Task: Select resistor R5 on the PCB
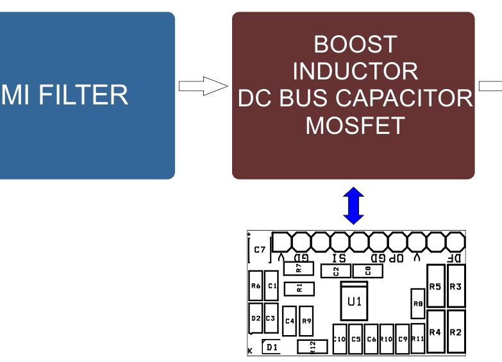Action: [435, 286]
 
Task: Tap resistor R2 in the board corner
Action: [455, 331]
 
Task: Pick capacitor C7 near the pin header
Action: [260, 250]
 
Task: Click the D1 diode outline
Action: [272, 347]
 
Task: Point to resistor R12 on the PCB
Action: [312, 347]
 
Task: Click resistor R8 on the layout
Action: [418, 304]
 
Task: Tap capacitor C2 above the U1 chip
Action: [337, 271]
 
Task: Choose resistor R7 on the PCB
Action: [298, 268]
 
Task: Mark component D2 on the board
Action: [255, 318]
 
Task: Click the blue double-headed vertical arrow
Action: [354, 205]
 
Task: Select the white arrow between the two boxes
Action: [203, 86]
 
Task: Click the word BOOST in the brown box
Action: [355, 45]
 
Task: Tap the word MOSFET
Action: [355, 125]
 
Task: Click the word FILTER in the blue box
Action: [84, 95]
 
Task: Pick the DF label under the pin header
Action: [453, 258]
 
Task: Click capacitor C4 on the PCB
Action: [289, 321]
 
